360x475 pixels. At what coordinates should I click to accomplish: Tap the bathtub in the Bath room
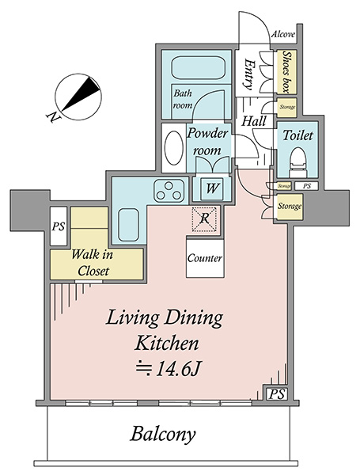[198, 68]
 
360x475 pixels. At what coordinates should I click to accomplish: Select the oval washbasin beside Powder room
[173, 147]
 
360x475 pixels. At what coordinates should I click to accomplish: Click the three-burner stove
[169, 191]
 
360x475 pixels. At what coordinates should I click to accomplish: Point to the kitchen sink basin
[128, 224]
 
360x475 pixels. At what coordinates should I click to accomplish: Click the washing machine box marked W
[212, 188]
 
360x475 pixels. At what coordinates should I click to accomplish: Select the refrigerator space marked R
[205, 219]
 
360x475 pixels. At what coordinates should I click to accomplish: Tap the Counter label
[205, 258]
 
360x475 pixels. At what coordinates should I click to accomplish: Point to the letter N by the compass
[53, 117]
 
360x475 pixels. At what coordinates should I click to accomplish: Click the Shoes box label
[286, 71]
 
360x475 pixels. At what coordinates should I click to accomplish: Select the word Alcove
[282, 34]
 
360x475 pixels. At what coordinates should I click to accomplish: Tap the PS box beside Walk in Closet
[59, 226]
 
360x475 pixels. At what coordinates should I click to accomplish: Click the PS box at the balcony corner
[277, 393]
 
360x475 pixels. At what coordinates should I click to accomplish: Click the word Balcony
[163, 434]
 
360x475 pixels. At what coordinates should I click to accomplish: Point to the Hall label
[254, 121]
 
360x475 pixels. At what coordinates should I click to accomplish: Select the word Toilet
[297, 135]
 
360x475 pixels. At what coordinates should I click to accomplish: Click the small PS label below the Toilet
[307, 186]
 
